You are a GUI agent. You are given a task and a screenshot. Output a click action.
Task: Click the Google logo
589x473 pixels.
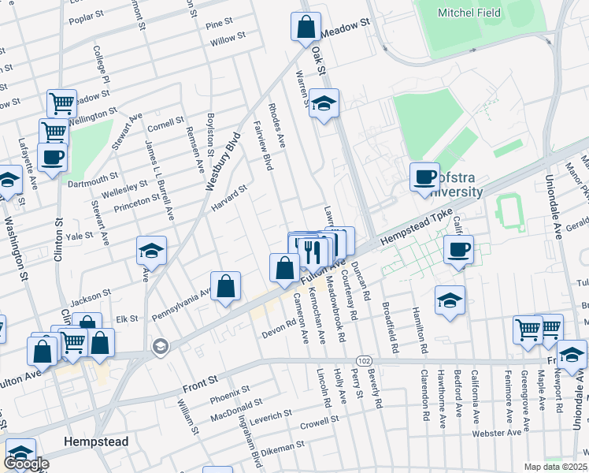pyautogui.click(x=26, y=464)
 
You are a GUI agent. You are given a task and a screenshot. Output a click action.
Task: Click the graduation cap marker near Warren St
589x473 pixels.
pyautogui.click(x=323, y=103)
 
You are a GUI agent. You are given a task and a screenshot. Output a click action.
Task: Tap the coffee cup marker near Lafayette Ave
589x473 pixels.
pyautogui.click(x=52, y=157)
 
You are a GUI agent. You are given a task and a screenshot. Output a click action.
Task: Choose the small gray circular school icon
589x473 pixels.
pyautogui.click(x=161, y=347)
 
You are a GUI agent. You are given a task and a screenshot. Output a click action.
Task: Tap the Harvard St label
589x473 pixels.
pyautogui.click(x=231, y=197)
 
